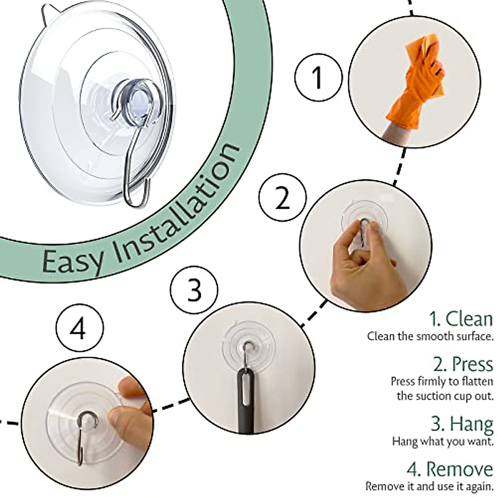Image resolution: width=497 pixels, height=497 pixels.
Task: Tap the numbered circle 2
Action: (283, 198)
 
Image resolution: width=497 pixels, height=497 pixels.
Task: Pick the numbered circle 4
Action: (80, 330)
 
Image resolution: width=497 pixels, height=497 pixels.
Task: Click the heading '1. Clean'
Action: (461, 319)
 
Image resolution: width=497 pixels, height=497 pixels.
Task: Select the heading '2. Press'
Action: (463, 364)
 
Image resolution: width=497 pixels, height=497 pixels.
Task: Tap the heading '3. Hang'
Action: (462, 424)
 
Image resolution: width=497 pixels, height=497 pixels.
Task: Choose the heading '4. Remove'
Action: (450, 469)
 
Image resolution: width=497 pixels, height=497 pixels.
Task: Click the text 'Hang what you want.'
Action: (443, 441)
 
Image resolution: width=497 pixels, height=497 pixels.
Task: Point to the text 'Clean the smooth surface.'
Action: (430, 336)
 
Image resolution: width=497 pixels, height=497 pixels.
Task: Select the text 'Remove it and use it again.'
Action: (429, 486)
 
